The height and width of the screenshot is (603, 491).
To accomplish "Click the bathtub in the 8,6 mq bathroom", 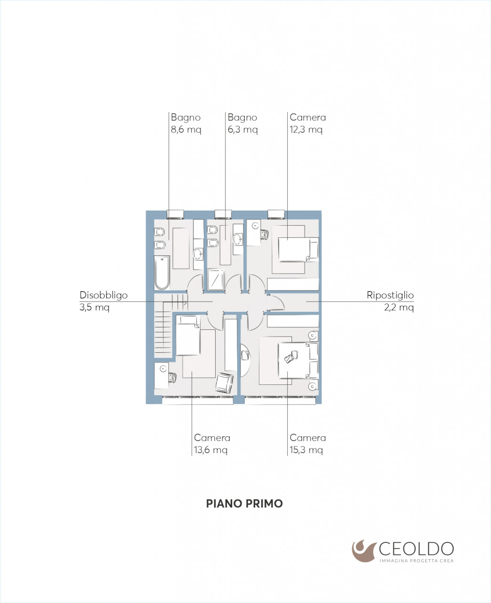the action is point(162,273).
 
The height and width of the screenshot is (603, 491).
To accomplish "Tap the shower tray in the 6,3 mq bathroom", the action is point(217,279).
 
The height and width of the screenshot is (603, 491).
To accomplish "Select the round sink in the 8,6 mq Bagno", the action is point(198,253).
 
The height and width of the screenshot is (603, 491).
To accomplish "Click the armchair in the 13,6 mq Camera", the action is point(224,383).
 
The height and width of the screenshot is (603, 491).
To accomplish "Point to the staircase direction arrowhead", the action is point(185,302).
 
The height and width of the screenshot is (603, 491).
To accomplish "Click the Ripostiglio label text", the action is point(390,295).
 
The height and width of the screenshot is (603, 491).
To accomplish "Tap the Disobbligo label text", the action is point(104,295).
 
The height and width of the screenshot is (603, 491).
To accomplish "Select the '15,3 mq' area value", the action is point(306,450).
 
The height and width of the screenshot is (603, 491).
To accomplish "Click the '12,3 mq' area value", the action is point(306,130).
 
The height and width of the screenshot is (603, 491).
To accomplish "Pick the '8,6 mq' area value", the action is point(186,130).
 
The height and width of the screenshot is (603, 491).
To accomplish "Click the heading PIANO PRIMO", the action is point(244,503).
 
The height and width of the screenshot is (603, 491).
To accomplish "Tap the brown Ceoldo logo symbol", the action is point(364,551).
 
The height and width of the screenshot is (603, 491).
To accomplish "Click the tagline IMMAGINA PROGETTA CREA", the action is point(416,561).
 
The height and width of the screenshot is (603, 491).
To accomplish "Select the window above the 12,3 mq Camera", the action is point(276,214).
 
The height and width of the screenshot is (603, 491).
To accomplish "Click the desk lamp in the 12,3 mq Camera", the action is point(256,226).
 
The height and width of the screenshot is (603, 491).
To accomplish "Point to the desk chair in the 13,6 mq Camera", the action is point(172,377).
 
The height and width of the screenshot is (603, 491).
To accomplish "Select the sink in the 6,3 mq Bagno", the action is point(238,239).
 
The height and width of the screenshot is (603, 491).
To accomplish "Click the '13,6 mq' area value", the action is point(210,450).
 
